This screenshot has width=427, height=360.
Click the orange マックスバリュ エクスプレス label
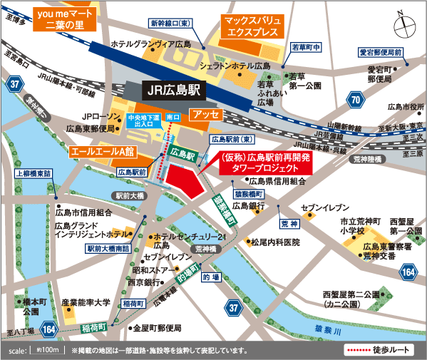pos(254,27)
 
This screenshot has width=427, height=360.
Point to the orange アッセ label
pos(206,114)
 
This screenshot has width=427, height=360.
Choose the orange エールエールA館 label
pos(102,152)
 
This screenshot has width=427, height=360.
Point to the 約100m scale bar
pos(45,351)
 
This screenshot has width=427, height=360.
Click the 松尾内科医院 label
pos(274,242)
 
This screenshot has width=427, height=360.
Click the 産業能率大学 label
pos(86,303)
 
